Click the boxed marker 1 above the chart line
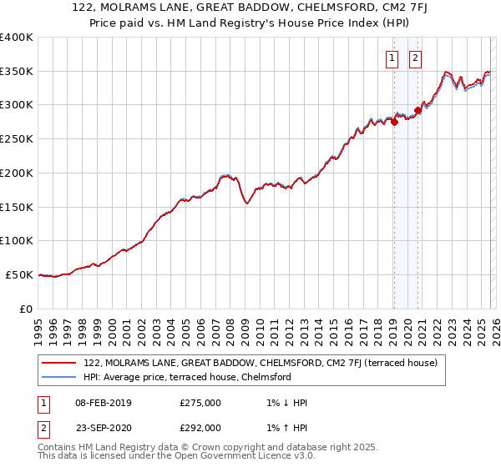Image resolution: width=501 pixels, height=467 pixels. click(392, 58)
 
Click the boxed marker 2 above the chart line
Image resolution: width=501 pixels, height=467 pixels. click(415, 58)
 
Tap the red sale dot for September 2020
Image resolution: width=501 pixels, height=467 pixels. click(417, 110)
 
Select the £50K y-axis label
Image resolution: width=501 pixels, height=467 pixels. click(19, 274)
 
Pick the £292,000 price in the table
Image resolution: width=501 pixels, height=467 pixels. click(200, 427)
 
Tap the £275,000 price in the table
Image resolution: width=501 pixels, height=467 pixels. click(200, 403)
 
